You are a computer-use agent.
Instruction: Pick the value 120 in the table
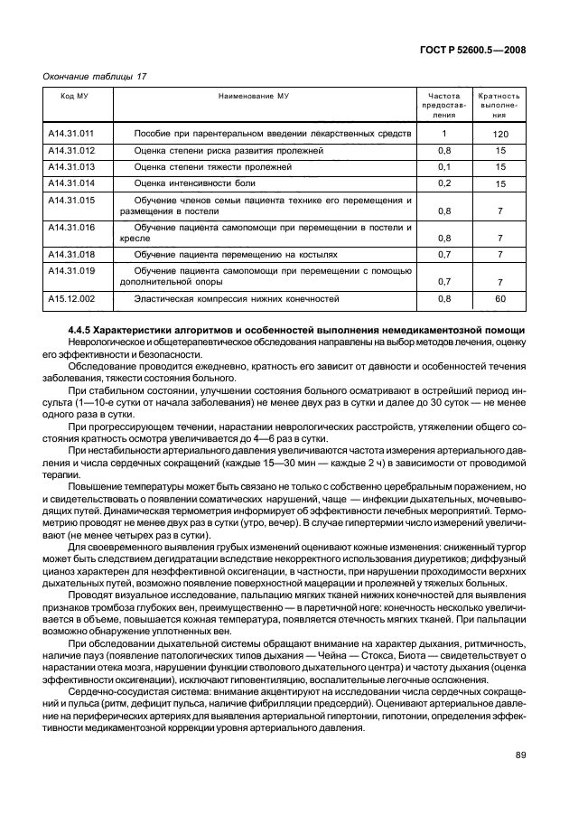(500, 135)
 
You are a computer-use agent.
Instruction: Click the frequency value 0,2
(443, 183)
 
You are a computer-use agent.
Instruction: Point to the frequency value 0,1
(443, 167)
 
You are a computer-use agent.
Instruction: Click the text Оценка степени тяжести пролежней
(212, 167)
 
